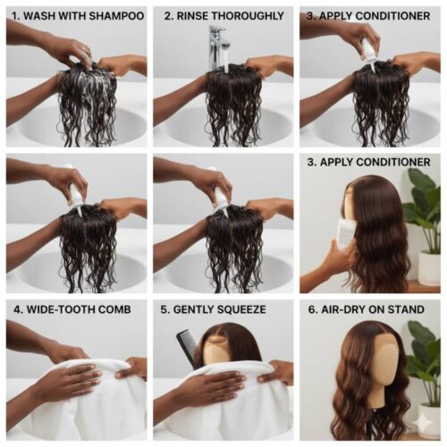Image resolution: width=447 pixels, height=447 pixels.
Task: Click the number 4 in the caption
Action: [13, 309]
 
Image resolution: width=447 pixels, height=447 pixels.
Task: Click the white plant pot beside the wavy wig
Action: [429, 267]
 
